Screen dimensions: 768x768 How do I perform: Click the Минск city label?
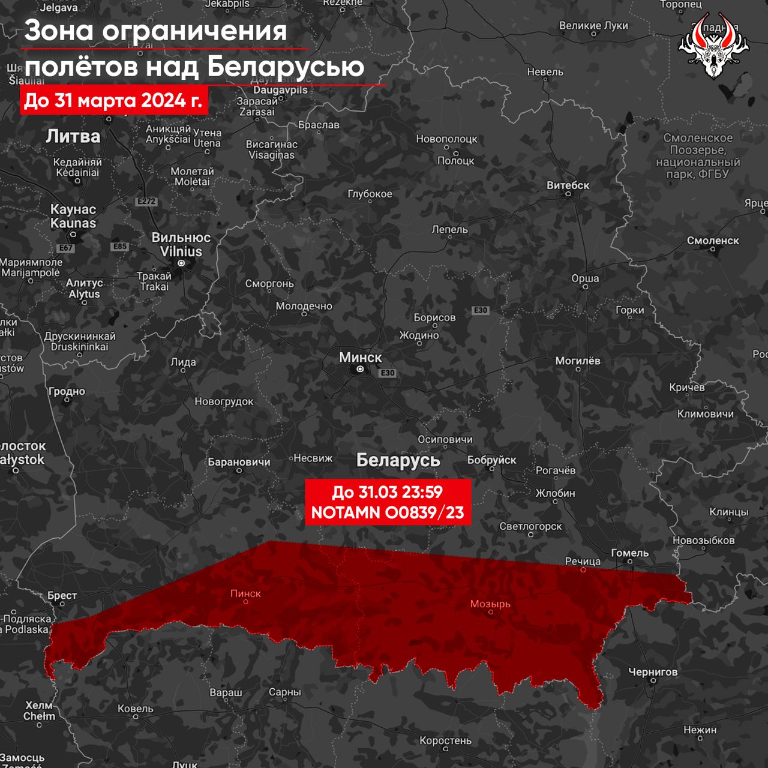(x=360, y=358)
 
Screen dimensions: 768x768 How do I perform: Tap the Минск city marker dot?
(x=360, y=370)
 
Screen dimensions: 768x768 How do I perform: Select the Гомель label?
(x=629, y=553)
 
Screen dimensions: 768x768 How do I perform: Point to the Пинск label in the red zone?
(x=245, y=593)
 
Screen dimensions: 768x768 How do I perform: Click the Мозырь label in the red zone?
(x=490, y=604)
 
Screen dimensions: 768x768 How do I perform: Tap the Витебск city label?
(x=568, y=185)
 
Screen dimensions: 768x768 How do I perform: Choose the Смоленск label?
(x=713, y=241)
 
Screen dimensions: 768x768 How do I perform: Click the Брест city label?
(x=62, y=595)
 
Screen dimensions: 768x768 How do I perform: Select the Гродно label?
(x=67, y=391)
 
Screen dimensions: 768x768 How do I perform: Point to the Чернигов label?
(x=653, y=671)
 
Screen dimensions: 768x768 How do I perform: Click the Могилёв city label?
(x=577, y=361)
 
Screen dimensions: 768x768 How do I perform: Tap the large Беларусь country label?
(x=398, y=460)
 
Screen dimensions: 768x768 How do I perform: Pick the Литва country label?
(x=73, y=136)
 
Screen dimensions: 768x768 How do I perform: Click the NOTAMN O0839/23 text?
(x=387, y=512)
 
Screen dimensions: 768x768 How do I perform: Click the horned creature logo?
(x=713, y=47)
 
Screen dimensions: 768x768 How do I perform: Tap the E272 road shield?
(x=146, y=202)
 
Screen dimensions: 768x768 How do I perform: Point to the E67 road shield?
(x=65, y=248)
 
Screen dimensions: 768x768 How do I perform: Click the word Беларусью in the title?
(x=286, y=66)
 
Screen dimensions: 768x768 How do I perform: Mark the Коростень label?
(x=445, y=740)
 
